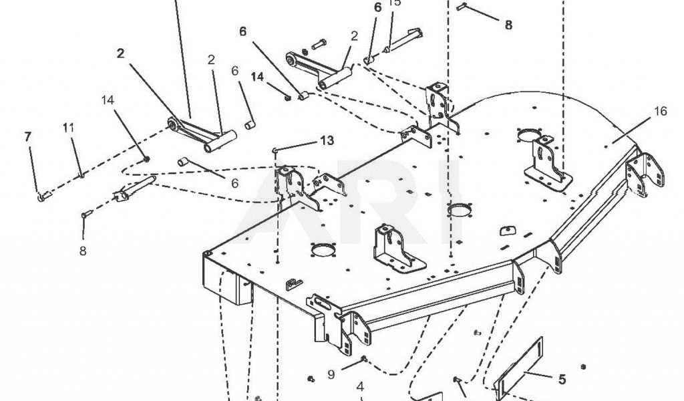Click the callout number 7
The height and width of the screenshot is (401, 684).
pos(28,136)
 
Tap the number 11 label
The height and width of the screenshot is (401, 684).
pos(68,127)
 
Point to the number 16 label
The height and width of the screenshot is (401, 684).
pos(660,112)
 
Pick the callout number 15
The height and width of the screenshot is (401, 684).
pos(395,3)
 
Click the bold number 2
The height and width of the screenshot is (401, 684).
pos(120,54)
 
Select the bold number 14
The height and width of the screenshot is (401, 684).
pos(258,77)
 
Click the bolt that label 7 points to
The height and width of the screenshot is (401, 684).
pos(43,196)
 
